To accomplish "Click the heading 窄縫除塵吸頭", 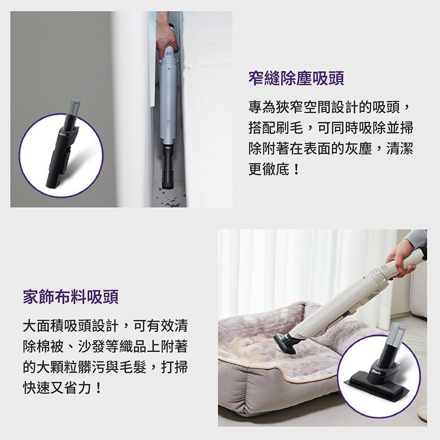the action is coord(296,78).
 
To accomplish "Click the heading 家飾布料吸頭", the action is coord(71,297).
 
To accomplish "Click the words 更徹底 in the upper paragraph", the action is coord(269,169).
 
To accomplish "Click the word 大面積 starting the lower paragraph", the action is coord(44,326).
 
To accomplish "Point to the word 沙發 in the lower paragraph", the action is coord(92,346).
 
